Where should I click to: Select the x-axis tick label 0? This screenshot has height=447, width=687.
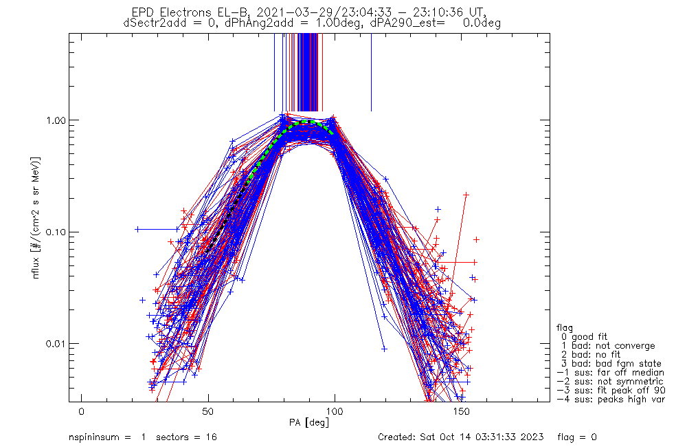pos(82,411)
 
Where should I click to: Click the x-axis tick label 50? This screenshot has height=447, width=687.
pos(208,411)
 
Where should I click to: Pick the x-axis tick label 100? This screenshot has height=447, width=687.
pos(335,411)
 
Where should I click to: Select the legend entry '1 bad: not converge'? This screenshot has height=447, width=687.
pos(607,346)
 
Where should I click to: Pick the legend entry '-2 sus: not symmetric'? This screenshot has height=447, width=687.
pos(610,382)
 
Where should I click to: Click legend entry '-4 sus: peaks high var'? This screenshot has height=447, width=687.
pos(610,400)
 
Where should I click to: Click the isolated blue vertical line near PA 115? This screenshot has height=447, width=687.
pos(371,72)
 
